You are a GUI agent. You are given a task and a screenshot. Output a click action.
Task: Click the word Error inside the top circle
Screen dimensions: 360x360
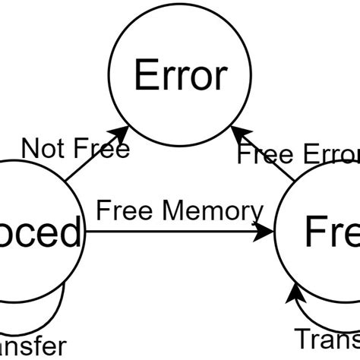pyautogui.click(x=180, y=76)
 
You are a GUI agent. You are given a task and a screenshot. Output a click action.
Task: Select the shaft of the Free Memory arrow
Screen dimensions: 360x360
pyautogui.click(x=175, y=232)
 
